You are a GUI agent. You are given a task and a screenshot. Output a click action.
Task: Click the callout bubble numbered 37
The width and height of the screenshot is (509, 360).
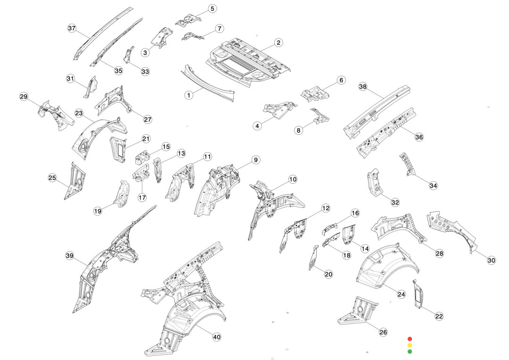pyautogui.click(x=72, y=28)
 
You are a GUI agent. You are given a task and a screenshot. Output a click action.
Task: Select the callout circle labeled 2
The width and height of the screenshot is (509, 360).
pyautogui.click(x=279, y=42)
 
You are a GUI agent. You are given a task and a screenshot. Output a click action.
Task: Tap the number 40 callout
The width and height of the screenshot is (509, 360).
pyautogui.click(x=217, y=337)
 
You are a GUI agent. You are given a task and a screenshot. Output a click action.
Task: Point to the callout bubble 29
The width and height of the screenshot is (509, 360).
pyautogui.click(x=24, y=97)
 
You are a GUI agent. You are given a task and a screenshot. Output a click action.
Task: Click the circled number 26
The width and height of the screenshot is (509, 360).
pyautogui.click(x=383, y=332)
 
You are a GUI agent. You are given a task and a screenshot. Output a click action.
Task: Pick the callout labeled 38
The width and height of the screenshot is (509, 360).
pyautogui.click(x=362, y=87)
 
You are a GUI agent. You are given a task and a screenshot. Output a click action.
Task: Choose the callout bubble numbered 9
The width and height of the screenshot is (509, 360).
pyautogui.click(x=255, y=160)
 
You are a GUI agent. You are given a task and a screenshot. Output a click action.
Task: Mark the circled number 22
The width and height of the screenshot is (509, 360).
pyautogui.click(x=439, y=316)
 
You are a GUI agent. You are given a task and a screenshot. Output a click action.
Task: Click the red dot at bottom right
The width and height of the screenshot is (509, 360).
pyautogui.click(x=410, y=338)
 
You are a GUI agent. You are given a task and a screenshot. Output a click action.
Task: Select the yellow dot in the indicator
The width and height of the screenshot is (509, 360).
pyautogui.click(x=410, y=345)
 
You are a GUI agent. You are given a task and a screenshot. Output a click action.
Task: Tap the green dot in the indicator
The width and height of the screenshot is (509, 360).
pyautogui.click(x=410, y=351)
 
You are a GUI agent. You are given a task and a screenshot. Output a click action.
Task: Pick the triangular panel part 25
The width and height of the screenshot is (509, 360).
pyautogui.click(x=75, y=181)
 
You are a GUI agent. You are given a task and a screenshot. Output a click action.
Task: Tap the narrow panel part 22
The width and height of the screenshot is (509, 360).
pyautogui.click(x=418, y=294)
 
